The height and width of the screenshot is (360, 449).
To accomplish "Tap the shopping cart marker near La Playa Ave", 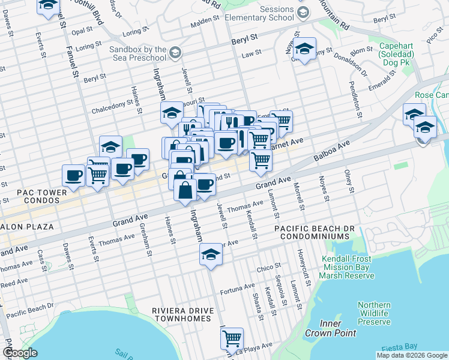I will coord(232,339).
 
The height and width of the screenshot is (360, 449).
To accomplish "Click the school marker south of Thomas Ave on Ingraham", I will coord(211,254).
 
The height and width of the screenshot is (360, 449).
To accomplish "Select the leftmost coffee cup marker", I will coord(73,175).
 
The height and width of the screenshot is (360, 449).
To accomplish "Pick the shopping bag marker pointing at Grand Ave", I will coord(185,190).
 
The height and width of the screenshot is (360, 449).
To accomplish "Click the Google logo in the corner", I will coord(20,353).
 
